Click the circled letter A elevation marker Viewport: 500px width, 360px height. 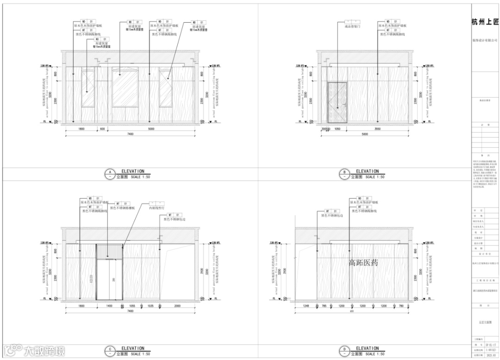[x=110, y=174]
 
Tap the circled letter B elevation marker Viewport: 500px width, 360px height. [x=344, y=174]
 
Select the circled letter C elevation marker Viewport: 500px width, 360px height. [x=110, y=351]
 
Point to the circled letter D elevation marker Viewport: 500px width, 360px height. [x=344, y=351]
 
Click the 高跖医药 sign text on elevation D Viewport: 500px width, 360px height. [x=363, y=263]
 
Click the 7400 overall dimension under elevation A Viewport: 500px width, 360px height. [x=130, y=134]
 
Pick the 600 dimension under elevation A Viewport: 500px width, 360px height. [x=102, y=129]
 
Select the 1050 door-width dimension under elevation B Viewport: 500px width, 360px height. [x=337, y=129]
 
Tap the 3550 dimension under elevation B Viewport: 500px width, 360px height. [x=378, y=129]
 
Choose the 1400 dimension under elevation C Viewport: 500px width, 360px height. [x=109, y=306]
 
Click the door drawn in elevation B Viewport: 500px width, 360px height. [x=337, y=102]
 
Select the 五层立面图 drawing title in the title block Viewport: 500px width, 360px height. [x=484, y=320]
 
